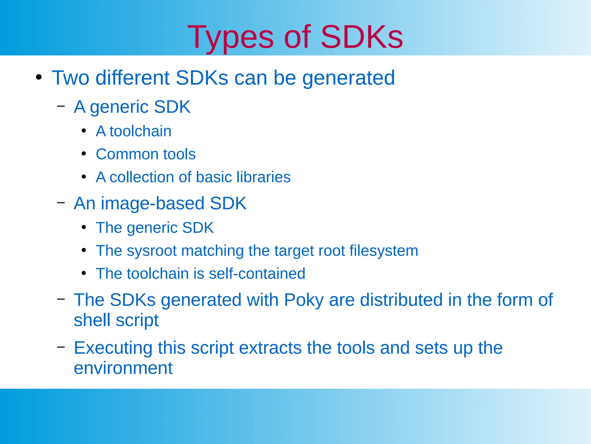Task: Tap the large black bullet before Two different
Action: click(x=39, y=77)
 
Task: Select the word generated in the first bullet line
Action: click(x=348, y=78)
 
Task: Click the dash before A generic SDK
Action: click(x=61, y=106)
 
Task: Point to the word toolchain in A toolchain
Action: click(x=140, y=131)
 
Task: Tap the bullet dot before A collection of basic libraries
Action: click(x=84, y=177)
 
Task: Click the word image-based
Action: click(x=153, y=203)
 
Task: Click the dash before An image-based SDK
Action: click(x=61, y=203)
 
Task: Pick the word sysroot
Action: click(x=152, y=251)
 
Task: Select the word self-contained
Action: click(x=257, y=273)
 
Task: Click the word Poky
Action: click(x=304, y=300)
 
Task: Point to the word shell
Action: click(x=92, y=320)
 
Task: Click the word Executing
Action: click(x=113, y=348)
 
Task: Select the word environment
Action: click(x=123, y=368)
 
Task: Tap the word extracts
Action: click(x=270, y=348)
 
